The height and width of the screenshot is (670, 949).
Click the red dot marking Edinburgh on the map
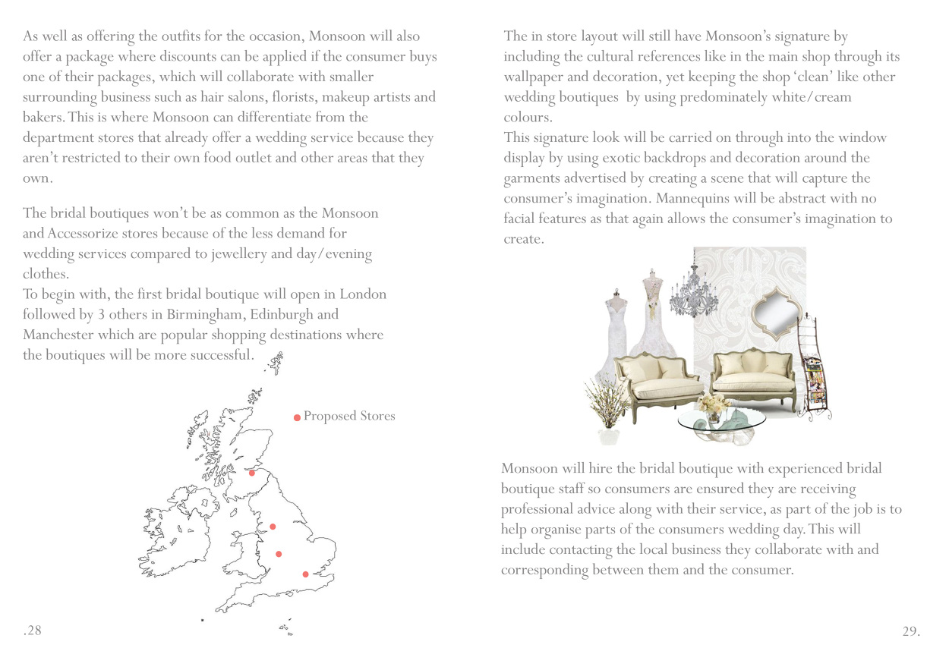[252, 473]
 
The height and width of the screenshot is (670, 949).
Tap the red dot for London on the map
[305, 574]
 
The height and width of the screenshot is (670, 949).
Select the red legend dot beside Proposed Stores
[297, 417]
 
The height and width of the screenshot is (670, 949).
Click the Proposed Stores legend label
[349, 416]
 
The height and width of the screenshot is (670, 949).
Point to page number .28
[32, 631]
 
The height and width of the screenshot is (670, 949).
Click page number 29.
[911, 631]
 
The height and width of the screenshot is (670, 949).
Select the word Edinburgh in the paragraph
[292, 315]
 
